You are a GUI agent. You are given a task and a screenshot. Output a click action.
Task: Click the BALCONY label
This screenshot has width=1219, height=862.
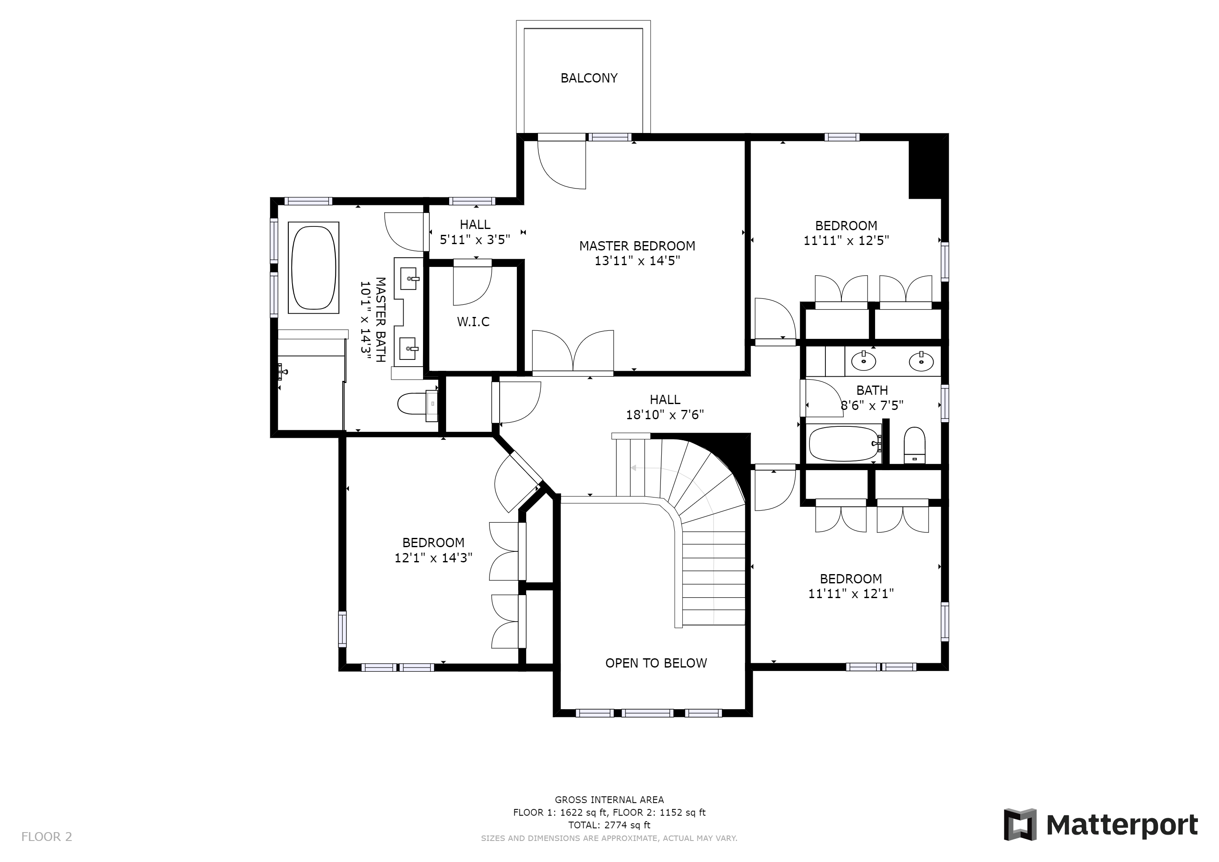point(589,78)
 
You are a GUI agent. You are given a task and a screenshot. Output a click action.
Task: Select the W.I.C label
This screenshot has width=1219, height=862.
point(473,322)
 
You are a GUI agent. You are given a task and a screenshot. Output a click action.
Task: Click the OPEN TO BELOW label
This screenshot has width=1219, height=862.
point(656,663)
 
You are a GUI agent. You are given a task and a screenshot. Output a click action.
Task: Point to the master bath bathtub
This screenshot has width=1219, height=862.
point(313,268)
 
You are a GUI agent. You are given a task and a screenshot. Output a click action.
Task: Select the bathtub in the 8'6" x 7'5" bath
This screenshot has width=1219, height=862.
point(844,444)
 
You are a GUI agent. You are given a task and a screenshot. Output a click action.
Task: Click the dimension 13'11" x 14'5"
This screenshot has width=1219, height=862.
point(637,261)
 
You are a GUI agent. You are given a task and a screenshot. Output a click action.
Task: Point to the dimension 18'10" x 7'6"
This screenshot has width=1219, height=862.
point(665,415)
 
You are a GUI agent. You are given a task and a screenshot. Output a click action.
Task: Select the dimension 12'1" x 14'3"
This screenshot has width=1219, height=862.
point(433,558)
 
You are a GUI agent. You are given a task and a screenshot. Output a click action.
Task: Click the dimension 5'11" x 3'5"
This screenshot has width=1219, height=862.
point(475,239)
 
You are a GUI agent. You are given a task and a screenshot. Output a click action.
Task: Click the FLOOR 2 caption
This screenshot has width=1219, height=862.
point(47,837)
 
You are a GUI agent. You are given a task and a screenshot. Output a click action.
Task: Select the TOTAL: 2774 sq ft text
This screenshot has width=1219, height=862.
point(609,825)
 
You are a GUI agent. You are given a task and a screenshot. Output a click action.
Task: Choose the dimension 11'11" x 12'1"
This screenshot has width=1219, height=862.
point(851,594)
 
